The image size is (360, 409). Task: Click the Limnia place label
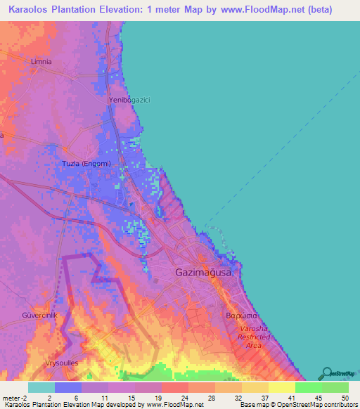41,62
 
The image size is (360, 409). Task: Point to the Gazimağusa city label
207,271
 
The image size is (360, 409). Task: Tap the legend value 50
344,397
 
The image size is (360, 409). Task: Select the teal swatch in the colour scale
41,387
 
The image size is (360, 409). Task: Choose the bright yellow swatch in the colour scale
281,387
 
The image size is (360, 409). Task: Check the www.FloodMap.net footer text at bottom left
172,405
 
